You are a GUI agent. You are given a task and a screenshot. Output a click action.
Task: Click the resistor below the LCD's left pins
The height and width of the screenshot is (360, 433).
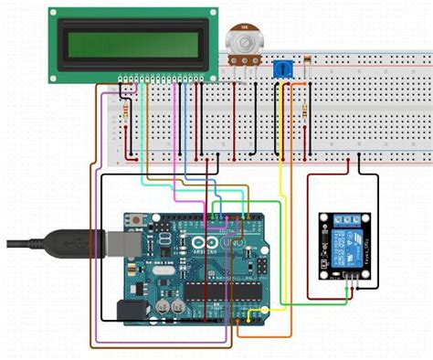click(124, 111)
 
